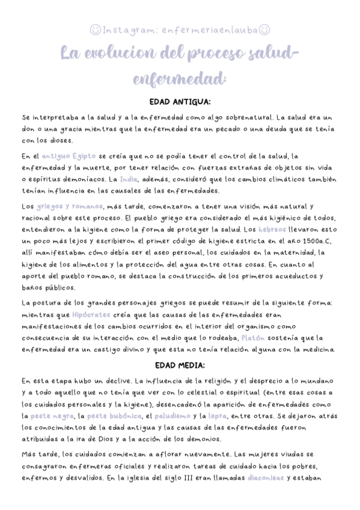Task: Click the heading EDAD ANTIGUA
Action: (x=180, y=102)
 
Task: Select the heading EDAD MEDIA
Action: (x=180, y=365)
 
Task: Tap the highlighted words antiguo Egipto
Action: (x=61, y=156)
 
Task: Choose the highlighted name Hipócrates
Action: (x=91, y=315)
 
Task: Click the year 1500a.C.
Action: (x=317, y=241)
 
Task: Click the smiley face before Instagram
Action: (x=95, y=29)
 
